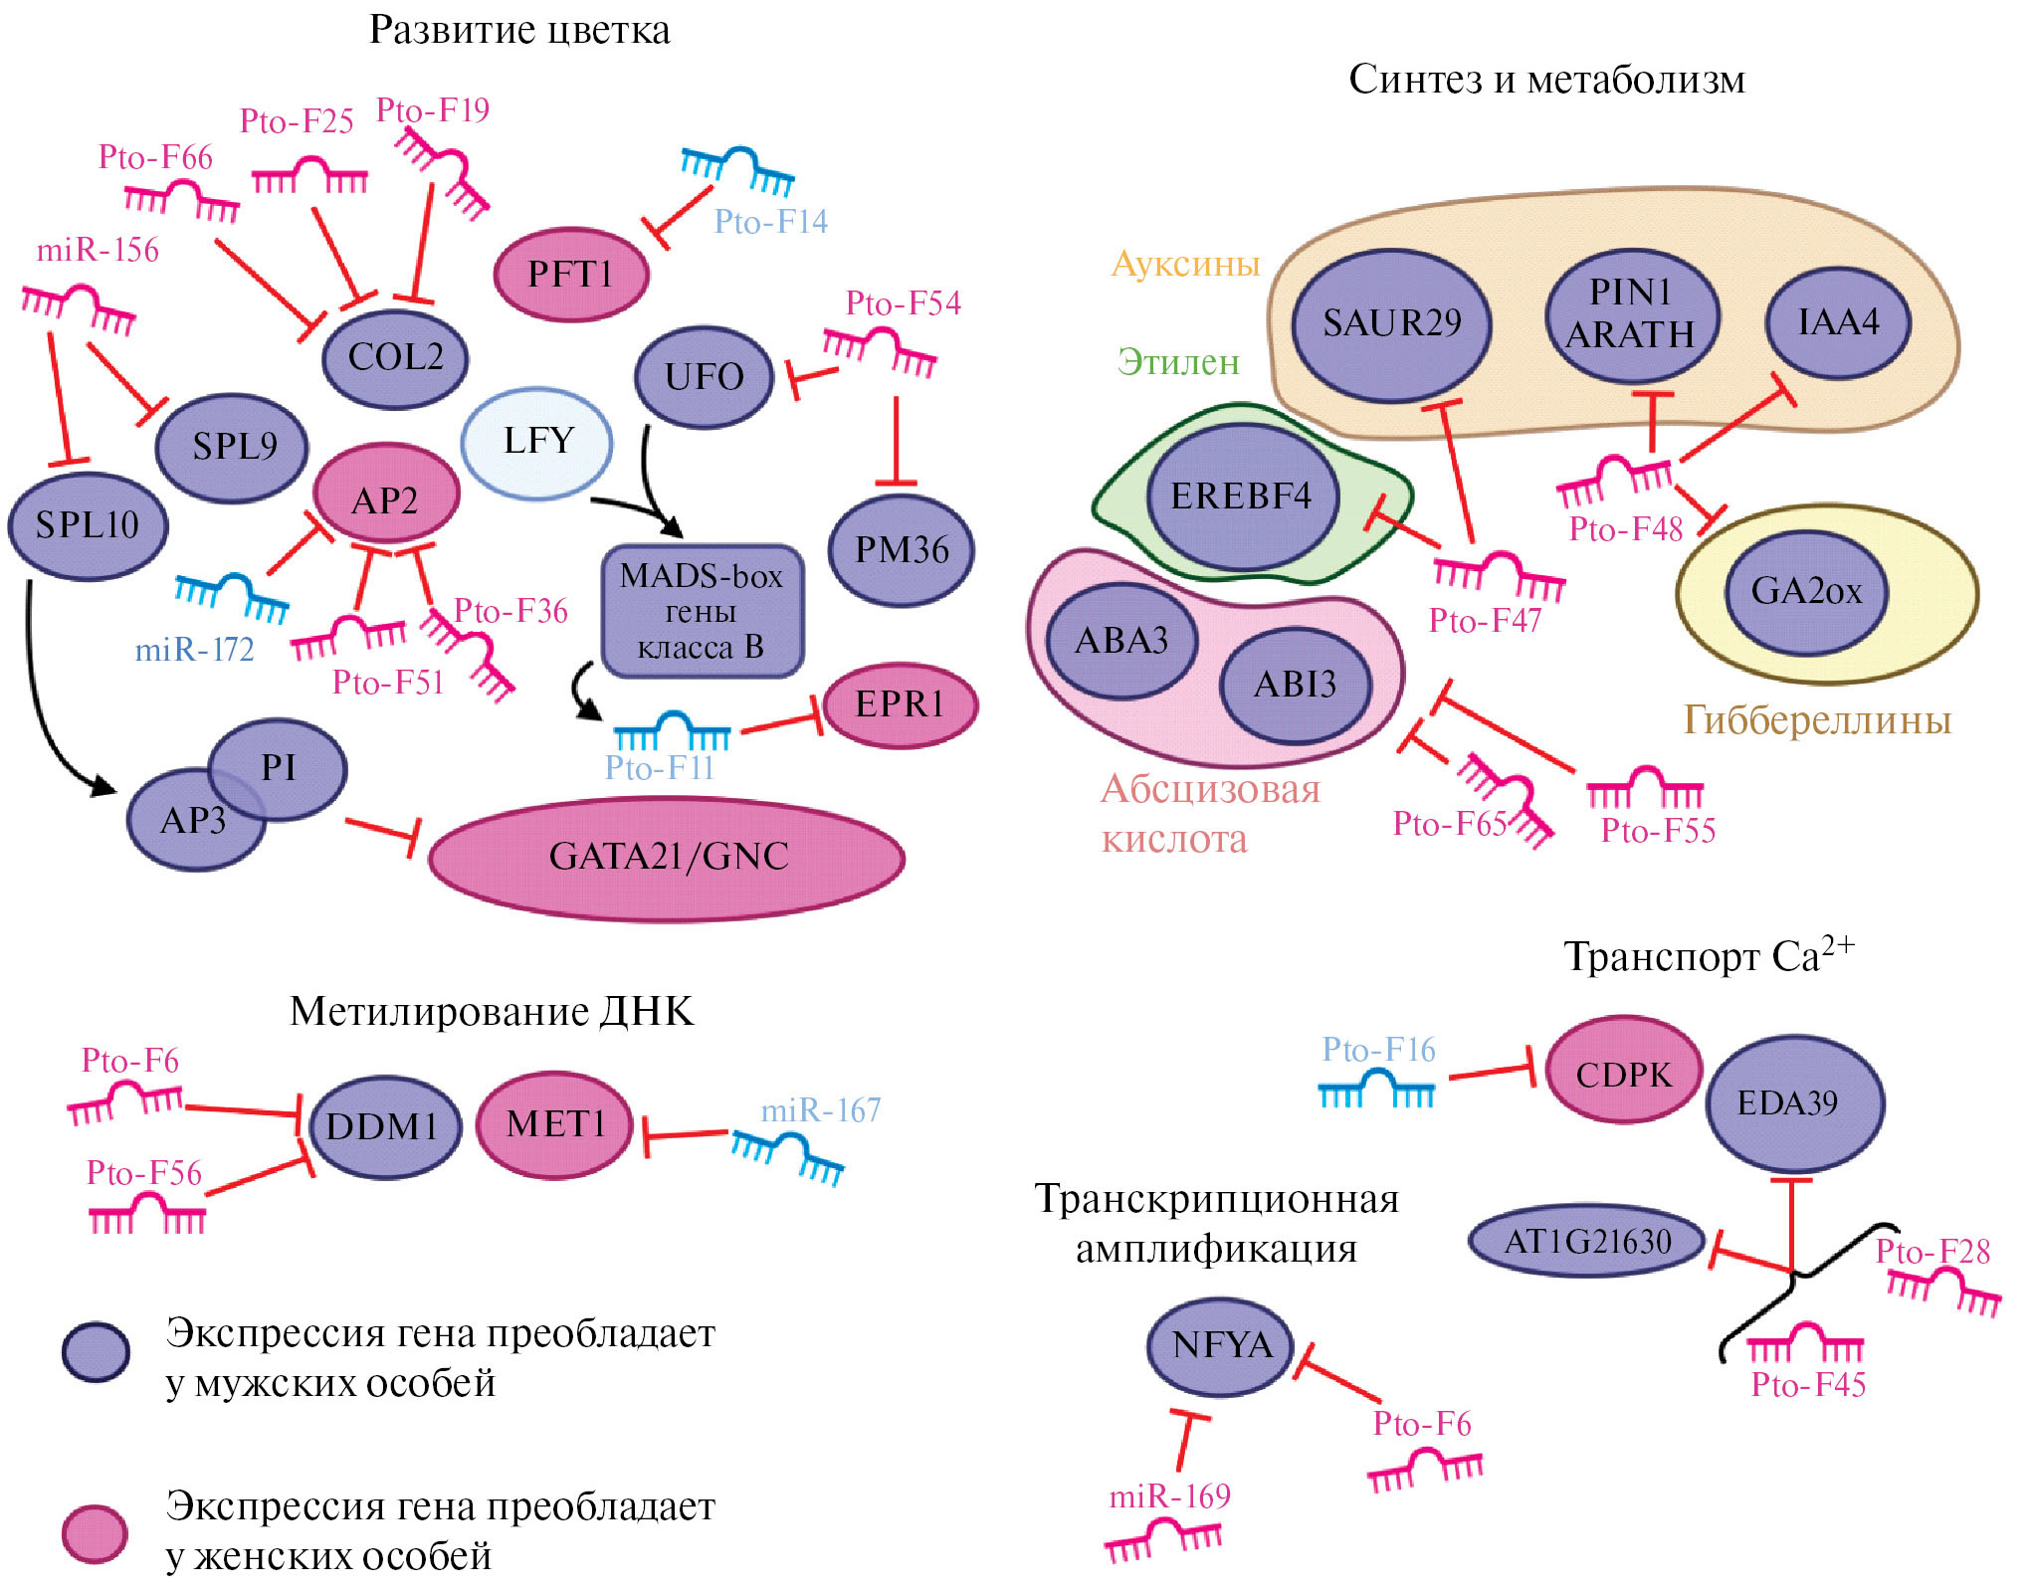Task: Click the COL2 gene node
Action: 395,357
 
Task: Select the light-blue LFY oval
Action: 537,442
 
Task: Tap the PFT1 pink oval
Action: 571,274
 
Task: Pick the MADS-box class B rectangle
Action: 702,611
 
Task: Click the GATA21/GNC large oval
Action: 668,858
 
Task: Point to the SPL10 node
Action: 88,525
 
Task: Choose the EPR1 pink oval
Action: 900,704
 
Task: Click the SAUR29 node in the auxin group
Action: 1391,323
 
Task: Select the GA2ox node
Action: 1806,591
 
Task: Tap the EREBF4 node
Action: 1241,497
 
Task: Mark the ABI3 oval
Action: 1295,685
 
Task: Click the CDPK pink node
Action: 1624,1075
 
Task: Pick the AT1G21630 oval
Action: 1587,1242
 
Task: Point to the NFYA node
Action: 1221,1346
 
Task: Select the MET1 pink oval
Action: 555,1124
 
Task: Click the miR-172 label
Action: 195,650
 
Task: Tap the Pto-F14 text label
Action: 771,221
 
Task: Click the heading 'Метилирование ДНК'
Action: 492,1011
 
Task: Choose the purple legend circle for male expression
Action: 96,1351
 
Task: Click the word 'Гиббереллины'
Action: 1817,720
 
